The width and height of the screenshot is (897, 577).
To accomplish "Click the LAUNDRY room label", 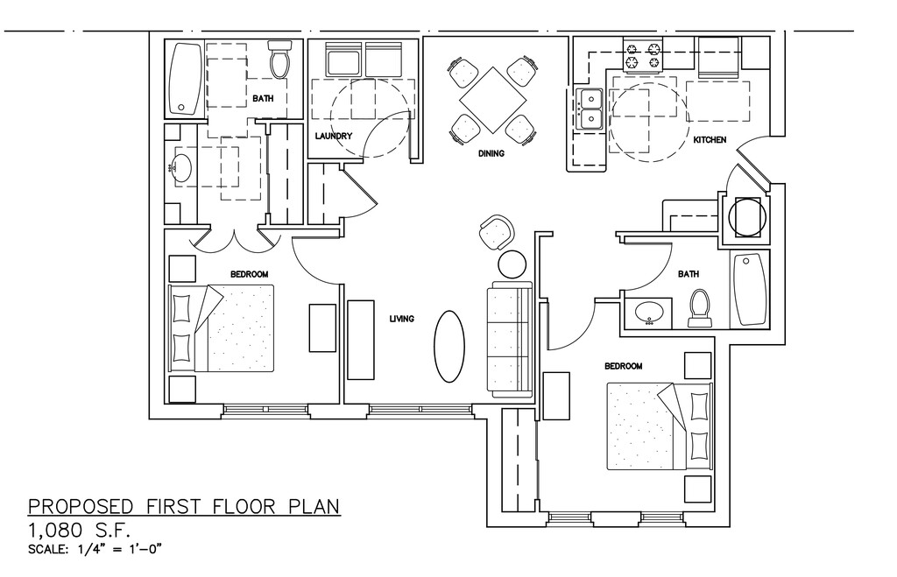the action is [334, 136].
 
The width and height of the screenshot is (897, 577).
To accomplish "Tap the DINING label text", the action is [491, 153].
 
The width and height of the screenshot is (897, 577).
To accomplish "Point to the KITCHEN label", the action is [710, 139].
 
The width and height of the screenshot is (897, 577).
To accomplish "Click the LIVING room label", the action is [401, 319].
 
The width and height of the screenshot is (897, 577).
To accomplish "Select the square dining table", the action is [493, 100].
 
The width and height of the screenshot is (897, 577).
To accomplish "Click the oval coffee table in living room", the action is [449, 346].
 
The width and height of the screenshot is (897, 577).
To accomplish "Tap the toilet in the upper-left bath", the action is [280, 59].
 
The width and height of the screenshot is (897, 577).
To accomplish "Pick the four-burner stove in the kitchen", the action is [642, 55].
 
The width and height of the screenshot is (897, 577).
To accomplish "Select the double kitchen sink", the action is [588, 109].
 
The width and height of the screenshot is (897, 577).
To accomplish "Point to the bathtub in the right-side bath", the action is [751, 289].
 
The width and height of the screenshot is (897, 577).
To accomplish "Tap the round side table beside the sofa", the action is [512, 264].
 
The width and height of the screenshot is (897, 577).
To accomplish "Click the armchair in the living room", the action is [496, 233].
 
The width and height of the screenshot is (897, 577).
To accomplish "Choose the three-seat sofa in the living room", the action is [510, 340].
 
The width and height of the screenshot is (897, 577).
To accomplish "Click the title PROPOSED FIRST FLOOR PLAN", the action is [184, 507].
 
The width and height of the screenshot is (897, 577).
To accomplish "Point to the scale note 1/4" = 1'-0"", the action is [95, 550].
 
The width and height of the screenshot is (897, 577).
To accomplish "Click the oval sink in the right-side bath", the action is [649, 313].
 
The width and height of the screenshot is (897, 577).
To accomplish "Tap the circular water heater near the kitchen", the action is [747, 216].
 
